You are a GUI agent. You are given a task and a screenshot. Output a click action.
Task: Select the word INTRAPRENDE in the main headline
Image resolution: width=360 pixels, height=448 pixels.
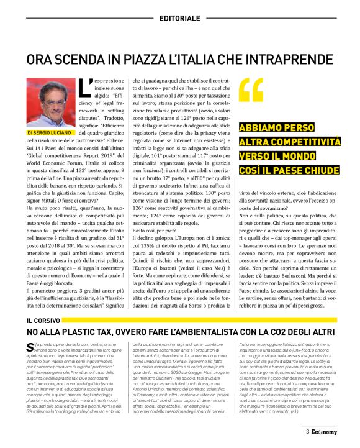(287, 60)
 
